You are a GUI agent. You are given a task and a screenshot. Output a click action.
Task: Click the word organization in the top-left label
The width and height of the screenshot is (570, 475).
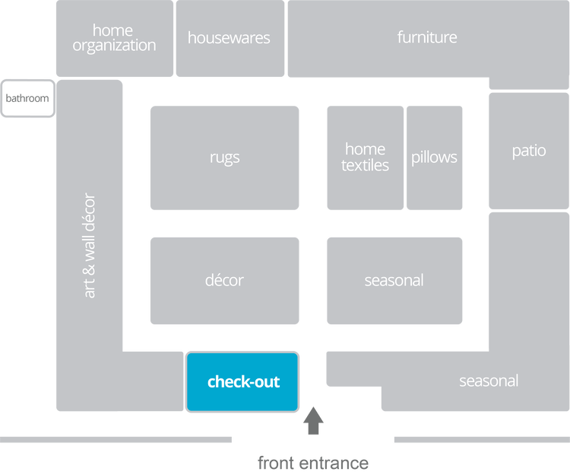tap(114, 46)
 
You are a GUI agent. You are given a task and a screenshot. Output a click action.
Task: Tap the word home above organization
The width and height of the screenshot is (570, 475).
tap(112, 30)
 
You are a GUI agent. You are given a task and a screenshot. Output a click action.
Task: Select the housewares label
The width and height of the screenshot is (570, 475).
tap(229, 37)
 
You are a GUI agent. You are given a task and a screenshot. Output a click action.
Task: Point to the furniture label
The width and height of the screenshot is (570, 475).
tap(427, 37)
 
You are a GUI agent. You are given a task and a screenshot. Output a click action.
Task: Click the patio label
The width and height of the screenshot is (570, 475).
tap(528, 151)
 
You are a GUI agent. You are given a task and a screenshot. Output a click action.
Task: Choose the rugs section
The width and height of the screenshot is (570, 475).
tap(224, 158)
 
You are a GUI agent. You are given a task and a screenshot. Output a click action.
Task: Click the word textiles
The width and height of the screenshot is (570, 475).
tap(365, 165)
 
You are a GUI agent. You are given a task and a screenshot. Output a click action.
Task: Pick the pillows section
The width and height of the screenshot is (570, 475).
tap(434, 158)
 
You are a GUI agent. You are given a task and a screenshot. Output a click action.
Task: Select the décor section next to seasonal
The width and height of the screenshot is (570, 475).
tap(224, 280)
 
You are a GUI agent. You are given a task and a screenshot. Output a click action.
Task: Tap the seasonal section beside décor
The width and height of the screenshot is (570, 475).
tap(394, 280)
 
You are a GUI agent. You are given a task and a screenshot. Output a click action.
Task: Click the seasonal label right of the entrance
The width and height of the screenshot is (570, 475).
tap(489, 381)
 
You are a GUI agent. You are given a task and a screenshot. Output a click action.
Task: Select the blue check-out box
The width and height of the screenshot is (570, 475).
tap(243, 382)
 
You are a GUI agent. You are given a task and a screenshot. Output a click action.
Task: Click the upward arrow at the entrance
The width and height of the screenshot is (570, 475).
tap(313, 421)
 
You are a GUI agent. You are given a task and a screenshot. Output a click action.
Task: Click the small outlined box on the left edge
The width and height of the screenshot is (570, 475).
tap(27, 98)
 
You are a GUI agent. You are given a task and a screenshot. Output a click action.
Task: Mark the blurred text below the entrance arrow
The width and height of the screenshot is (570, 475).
tap(312, 463)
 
